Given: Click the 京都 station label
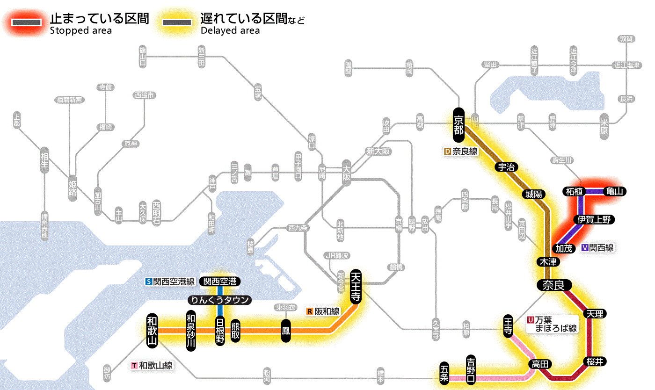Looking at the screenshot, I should tap(458, 125).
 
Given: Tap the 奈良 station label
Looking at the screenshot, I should tap(553, 285).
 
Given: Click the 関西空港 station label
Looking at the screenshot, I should tap(219, 281).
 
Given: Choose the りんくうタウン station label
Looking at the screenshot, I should tap(219, 300).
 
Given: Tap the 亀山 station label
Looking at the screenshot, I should tap(615, 191).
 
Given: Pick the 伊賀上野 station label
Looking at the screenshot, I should tap(595, 219).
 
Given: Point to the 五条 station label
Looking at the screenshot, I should tap(444, 373).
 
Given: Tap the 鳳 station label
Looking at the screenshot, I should tap(285, 330).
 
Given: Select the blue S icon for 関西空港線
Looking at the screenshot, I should tap(149, 282).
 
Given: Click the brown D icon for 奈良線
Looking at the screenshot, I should tap(448, 152).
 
